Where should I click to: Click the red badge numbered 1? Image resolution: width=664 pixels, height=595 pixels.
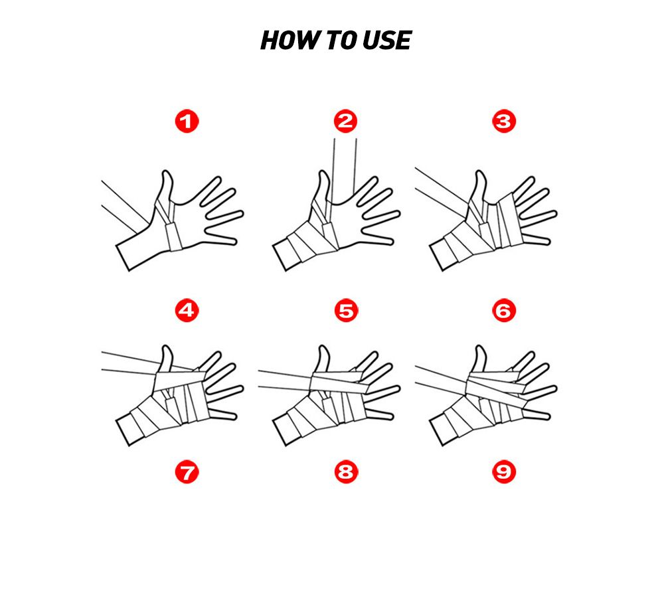[187, 122]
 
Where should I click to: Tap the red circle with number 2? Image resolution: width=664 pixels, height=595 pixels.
[345, 122]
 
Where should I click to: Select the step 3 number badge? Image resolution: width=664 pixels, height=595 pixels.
[504, 122]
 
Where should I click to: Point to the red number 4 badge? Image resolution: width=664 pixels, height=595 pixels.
[187, 310]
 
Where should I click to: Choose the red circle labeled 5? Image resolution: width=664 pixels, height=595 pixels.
[345, 310]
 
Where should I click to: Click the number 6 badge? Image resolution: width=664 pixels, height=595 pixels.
[504, 310]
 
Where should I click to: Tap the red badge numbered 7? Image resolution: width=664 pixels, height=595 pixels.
[187, 472]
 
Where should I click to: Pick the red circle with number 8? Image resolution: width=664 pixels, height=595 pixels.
[345, 472]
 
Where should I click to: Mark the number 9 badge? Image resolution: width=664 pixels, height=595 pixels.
[504, 472]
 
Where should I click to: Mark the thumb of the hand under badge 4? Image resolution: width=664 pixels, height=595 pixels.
[167, 359]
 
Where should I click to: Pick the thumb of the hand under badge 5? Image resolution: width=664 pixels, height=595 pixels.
[323, 359]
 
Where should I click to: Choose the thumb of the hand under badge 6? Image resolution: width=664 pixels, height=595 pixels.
[479, 359]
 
